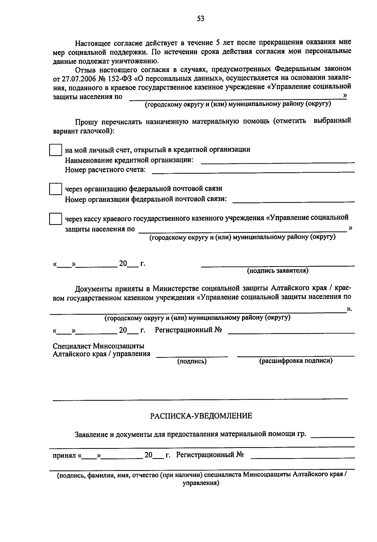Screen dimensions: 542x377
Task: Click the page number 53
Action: (201, 19)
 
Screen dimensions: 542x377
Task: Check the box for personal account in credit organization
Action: (55, 150)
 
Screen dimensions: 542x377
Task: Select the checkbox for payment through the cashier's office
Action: (55, 219)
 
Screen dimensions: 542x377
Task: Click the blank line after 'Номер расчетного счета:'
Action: (253, 171)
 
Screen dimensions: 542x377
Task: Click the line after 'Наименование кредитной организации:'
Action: (277, 162)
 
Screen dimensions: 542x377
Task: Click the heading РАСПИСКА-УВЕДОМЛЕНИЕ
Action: (201, 416)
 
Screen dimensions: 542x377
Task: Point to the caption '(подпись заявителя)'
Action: (277, 271)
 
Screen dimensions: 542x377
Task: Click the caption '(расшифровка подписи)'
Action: (296, 361)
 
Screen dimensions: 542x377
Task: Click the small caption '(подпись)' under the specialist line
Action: (192, 361)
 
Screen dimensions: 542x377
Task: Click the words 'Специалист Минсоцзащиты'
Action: (99, 346)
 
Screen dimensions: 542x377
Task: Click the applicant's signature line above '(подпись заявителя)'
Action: (277, 266)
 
